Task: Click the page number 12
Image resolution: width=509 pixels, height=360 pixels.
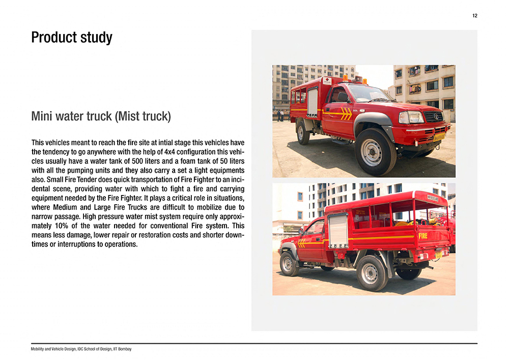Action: click(474, 16)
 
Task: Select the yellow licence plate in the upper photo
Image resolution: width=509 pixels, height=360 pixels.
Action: click(438, 137)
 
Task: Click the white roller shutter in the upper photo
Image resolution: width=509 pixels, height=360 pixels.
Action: click(312, 102)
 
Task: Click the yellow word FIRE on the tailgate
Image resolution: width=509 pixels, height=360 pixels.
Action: click(423, 236)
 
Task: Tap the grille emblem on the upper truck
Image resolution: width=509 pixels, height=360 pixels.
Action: click(436, 116)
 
